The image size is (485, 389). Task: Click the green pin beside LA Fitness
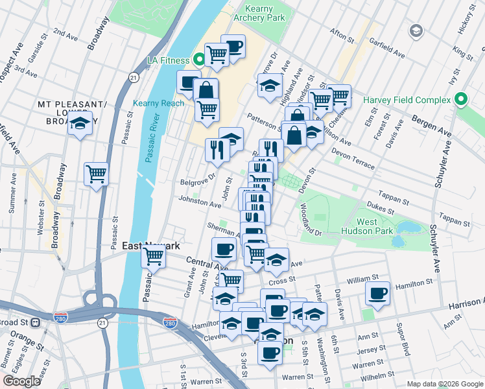click(199, 60)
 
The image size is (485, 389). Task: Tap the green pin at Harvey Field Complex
click(460, 100)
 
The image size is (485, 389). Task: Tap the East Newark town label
click(151, 246)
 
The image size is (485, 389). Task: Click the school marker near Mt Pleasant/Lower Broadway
click(80, 123)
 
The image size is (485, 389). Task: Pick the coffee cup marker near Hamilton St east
click(377, 292)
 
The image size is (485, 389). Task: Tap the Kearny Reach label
click(158, 103)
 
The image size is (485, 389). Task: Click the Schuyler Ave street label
click(433, 246)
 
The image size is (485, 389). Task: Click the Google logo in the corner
click(21, 381)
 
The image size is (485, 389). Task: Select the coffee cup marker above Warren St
click(270, 353)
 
